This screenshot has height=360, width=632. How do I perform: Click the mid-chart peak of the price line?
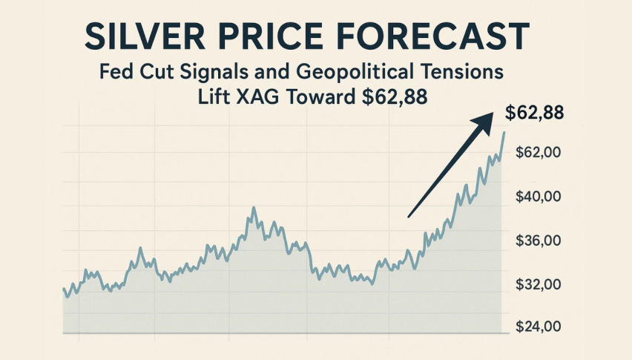[x=253, y=208]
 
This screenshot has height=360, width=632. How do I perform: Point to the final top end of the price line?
[x=504, y=132]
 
